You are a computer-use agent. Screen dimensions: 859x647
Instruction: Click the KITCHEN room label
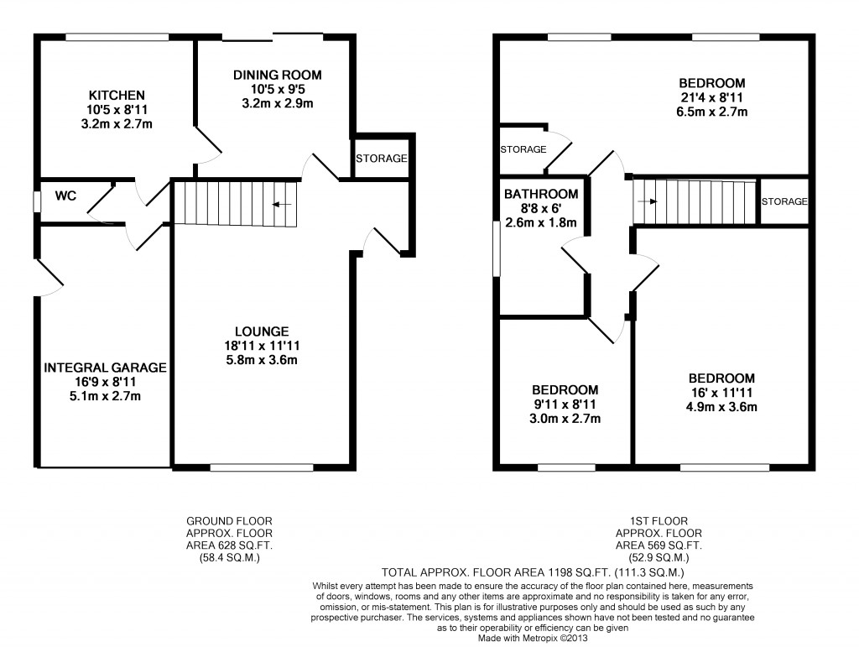[117, 96]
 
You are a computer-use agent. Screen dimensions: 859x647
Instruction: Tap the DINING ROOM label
[277, 75]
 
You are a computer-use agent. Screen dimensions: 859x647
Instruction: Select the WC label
[65, 196]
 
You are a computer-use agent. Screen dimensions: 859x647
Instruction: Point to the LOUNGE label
[262, 331]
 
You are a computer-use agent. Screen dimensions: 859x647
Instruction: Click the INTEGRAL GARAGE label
[105, 368]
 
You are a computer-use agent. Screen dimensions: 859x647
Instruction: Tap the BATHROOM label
[541, 194]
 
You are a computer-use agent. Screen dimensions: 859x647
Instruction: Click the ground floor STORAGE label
[382, 159]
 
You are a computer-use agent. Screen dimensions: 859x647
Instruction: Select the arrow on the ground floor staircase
[282, 205]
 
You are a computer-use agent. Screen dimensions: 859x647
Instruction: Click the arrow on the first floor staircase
[648, 201]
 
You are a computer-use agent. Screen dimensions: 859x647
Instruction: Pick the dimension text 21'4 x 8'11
[711, 97]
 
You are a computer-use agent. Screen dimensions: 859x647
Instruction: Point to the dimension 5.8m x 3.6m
[262, 360]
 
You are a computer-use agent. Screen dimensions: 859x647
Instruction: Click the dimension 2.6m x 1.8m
[541, 222]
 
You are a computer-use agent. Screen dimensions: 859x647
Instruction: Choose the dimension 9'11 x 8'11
[565, 404]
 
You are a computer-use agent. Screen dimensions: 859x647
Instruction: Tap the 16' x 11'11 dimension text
[721, 392]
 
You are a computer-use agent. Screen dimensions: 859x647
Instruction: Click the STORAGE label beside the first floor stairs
[784, 201]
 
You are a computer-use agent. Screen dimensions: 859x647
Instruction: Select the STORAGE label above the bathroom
[523, 149]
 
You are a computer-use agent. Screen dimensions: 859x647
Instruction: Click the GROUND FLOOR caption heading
[229, 521]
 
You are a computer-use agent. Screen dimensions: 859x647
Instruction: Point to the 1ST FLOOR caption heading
[659, 521]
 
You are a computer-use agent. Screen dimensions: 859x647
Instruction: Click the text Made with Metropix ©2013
[533, 639]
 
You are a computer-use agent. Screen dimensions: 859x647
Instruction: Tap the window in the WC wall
[36, 201]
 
